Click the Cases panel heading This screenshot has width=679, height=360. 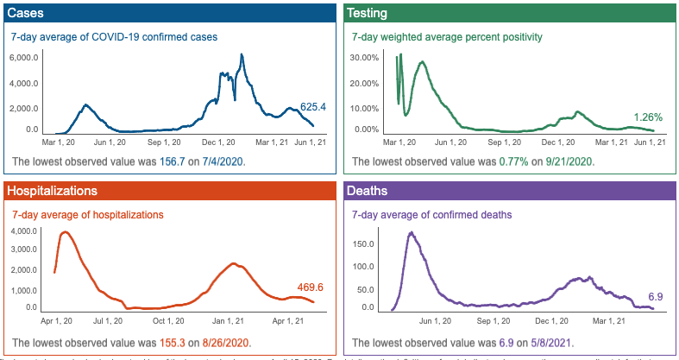(x=27, y=14)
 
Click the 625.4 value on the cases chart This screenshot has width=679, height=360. (x=312, y=107)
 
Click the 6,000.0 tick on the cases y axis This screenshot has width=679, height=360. (x=24, y=58)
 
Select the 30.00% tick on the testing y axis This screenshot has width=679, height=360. (x=366, y=58)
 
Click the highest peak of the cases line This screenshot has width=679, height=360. (x=242, y=55)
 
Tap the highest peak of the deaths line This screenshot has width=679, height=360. (x=412, y=232)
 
